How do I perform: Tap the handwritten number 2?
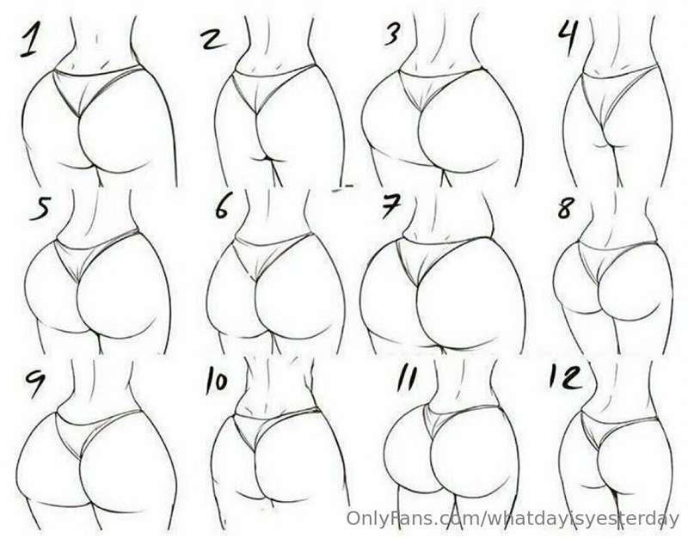[x=212, y=40]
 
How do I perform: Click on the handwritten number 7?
[x=390, y=209]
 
